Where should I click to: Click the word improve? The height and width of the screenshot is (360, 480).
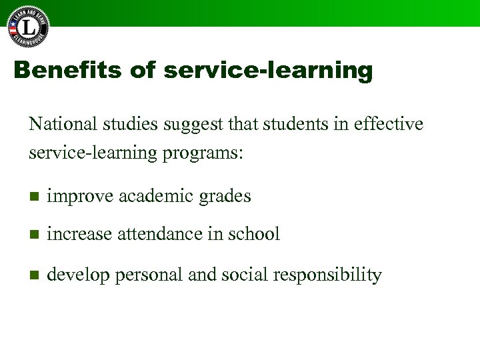pyautogui.click(x=79, y=197)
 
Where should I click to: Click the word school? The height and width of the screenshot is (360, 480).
pyautogui.click(x=254, y=234)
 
